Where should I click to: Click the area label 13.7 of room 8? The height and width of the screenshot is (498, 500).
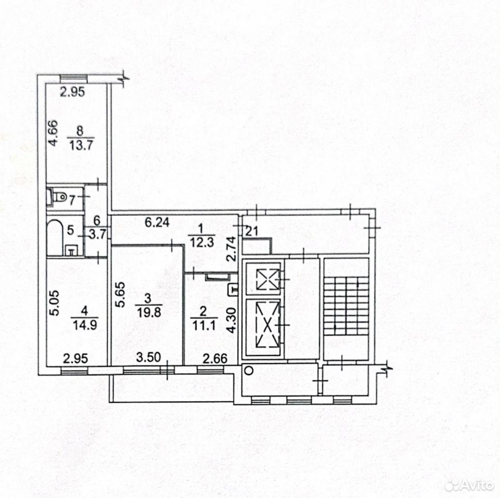(81, 146)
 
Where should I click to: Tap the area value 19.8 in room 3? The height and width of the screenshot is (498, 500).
(149, 312)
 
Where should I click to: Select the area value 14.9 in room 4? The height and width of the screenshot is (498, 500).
(85, 325)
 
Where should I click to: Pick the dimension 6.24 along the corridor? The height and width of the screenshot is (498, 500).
(157, 222)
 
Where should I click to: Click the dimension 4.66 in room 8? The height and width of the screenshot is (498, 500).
(53, 133)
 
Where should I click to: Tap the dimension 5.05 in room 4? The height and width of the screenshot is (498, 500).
(54, 302)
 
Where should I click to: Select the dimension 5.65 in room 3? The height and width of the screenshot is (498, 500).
(120, 294)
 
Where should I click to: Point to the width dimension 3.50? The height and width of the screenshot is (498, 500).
(148, 357)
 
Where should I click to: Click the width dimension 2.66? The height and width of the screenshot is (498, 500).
(215, 359)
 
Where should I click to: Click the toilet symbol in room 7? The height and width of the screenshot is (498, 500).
(57, 196)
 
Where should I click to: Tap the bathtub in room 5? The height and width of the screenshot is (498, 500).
(54, 237)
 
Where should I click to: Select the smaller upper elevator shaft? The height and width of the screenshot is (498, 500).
(263, 279)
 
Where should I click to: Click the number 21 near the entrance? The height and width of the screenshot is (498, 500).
(251, 231)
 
